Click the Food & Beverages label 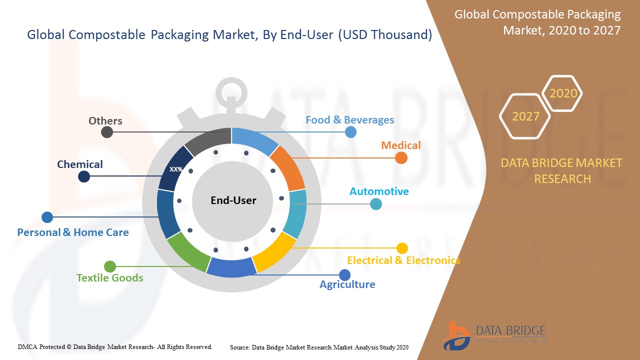click(x=349, y=120)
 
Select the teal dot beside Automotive click(x=376, y=204)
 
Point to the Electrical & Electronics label click(x=403, y=260)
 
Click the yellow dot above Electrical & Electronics click(x=402, y=248)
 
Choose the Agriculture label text click(x=347, y=284)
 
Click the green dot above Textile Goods click(x=110, y=266)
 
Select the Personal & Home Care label click(x=73, y=232)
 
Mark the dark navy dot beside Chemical click(x=84, y=176)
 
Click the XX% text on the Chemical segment click(x=176, y=169)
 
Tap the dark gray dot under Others click(x=107, y=132)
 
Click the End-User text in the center click(x=233, y=200)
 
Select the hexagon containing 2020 click(x=563, y=93)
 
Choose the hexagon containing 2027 click(x=525, y=116)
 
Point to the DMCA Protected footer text click(x=115, y=346)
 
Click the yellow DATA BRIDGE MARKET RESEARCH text click(x=561, y=170)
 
